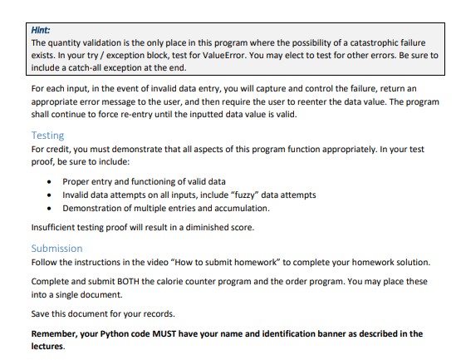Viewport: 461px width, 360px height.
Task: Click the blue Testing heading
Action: [x=47, y=135]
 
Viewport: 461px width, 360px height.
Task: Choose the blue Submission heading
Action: [x=56, y=248]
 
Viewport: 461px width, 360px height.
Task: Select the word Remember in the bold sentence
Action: [x=59, y=333]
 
